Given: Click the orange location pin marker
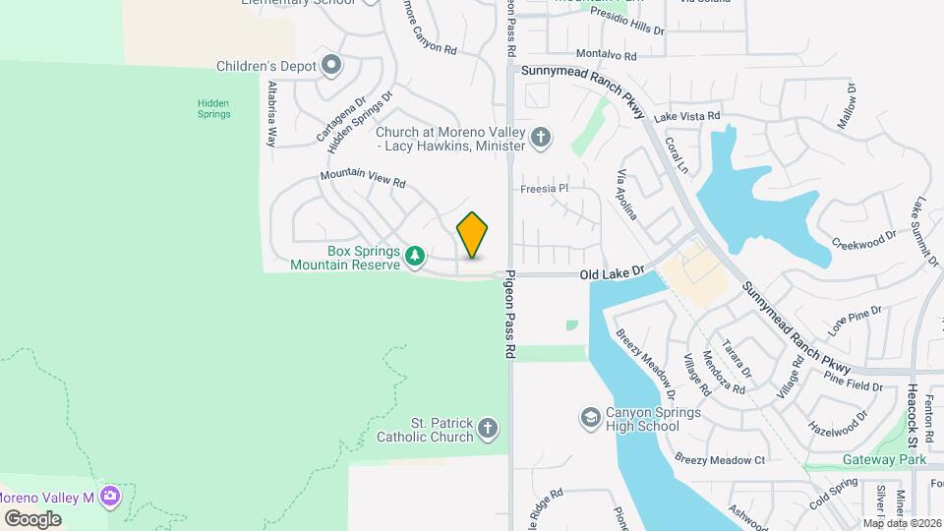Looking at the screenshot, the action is coord(473,235).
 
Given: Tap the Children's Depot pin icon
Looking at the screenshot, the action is coord(331,67).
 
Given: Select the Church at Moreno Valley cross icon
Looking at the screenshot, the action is coord(540,138).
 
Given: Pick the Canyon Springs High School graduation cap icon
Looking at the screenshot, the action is coord(590,418).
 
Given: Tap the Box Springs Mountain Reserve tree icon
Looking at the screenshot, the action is coord(416,256).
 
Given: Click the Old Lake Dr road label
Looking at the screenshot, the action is coord(611,269).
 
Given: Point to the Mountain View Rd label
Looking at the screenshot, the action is coord(362,180).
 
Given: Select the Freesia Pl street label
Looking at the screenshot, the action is coord(545,188).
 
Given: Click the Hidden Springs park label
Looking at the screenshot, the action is coord(213,107).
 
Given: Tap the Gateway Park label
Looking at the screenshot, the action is coord(885,459).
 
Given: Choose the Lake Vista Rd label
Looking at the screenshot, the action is coord(693,116).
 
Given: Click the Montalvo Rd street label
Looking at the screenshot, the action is coord(607,55).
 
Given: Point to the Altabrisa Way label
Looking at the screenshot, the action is coord(272,114).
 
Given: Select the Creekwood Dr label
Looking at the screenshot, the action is coord(864,237).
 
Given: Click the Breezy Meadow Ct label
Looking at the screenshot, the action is coord(720,459).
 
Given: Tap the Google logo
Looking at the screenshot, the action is coord(32,518).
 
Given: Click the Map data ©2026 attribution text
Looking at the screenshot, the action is coord(901,522).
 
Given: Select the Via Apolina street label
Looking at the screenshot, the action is coord(626,195).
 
